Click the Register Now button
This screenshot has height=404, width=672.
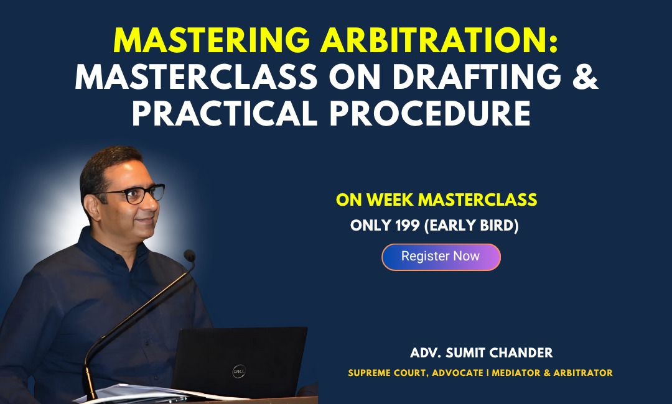[x=441, y=257]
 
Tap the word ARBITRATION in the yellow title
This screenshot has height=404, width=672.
[x=439, y=40]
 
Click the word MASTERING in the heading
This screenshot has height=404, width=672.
[x=212, y=40]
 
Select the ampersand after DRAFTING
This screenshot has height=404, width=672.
[x=585, y=76]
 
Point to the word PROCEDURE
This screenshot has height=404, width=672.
[x=430, y=113]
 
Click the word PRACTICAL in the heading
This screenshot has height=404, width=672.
[x=225, y=113]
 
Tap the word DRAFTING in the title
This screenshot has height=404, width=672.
[x=477, y=76]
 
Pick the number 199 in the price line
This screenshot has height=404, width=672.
[x=407, y=226]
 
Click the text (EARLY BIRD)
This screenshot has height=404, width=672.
[x=472, y=226]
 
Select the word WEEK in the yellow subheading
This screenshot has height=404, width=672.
[x=390, y=200]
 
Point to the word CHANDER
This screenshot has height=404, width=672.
[x=521, y=353]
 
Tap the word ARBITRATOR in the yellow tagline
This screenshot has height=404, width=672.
[x=583, y=373]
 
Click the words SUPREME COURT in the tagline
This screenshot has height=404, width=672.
[x=388, y=373]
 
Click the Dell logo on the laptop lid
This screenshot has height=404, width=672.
[x=239, y=372]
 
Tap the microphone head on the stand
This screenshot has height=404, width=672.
[x=189, y=255]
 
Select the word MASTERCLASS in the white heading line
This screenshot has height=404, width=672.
[x=196, y=76]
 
